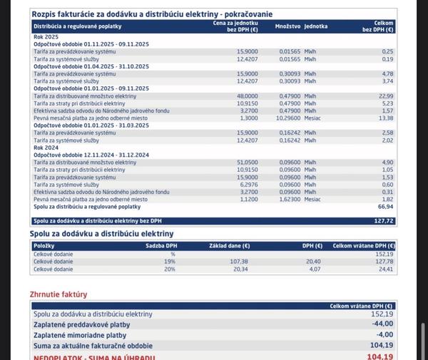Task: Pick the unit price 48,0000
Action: [247, 96]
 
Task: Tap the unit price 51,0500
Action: [247, 163]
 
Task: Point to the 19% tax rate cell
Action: [170, 261]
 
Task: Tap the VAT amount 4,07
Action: [313, 269]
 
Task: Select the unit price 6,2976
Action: [248, 185]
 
